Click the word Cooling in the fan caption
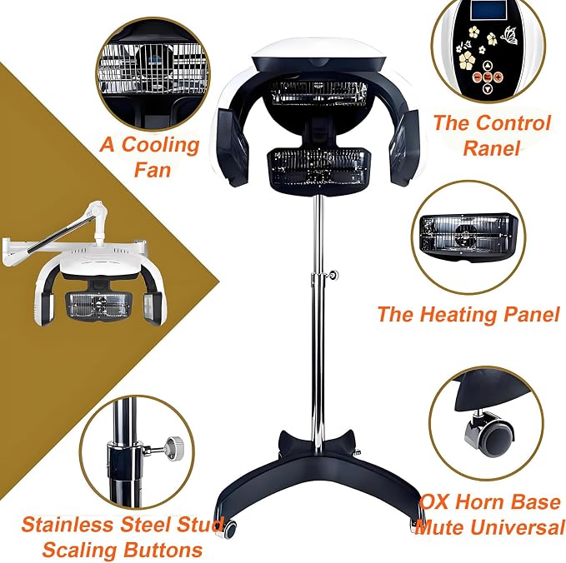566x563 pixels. tap(160, 146)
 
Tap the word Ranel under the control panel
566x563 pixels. tap(491, 148)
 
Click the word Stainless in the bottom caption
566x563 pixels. tap(68, 525)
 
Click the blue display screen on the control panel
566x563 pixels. tap(489, 10)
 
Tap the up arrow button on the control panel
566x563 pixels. tap(488, 66)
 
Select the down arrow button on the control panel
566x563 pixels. tap(488, 87)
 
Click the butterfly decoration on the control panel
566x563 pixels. tap(509, 35)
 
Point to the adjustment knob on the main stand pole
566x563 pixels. tap(333, 275)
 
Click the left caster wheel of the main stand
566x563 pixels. tap(230, 529)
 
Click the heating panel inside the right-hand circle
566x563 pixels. tap(468, 236)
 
